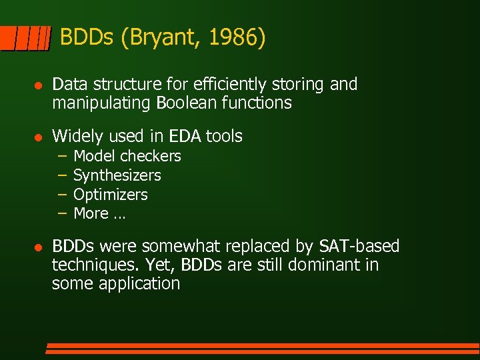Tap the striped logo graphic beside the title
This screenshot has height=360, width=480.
[25, 39]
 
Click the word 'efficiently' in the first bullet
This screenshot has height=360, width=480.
[223, 84]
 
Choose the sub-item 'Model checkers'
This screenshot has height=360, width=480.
[127, 156]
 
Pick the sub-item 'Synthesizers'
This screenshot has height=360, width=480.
[117, 175]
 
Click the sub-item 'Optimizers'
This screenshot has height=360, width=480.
[110, 195]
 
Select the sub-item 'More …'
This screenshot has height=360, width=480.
[99, 213]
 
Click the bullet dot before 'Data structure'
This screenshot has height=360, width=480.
[38, 85]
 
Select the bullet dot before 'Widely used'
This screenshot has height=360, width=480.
[38, 137]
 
